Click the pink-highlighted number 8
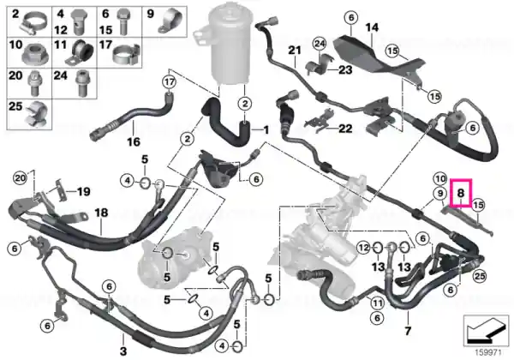coord(461,193)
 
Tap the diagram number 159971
coord(488,353)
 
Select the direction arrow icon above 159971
coord(486,330)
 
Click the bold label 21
coord(295,51)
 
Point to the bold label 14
coord(372,27)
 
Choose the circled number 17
coord(170,82)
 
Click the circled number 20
coord(20,178)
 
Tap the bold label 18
coord(101,213)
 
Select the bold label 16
coord(134,141)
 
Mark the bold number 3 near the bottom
coord(123,351)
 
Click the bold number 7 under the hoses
coord(408,331)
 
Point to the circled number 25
coord(479,276)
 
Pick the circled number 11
coord(377,303)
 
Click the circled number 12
coord(363,247)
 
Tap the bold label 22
coord(345,129)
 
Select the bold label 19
coord(84,191)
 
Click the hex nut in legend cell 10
coord(36,54)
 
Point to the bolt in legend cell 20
coord(33,84)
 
